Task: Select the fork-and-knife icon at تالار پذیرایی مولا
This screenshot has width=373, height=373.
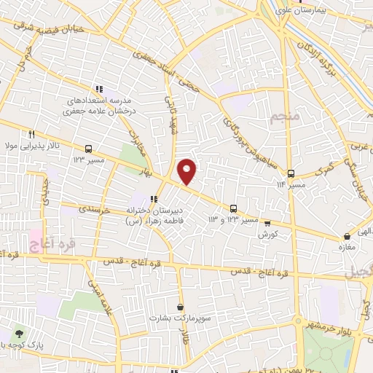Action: (31, 134)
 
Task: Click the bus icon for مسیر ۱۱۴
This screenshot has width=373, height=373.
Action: (291, 173)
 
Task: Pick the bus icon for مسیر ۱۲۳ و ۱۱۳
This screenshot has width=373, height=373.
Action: (234, 208)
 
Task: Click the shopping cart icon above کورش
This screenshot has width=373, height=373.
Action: (267, 224)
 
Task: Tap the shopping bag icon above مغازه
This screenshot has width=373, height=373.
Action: (346, 236)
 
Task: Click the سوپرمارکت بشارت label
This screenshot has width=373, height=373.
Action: (178, 318)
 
